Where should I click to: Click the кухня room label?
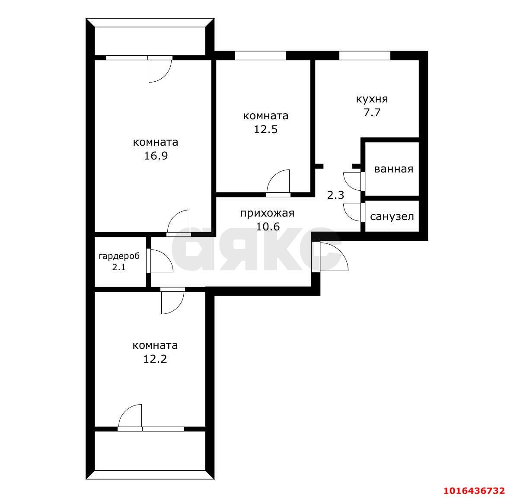pyautogui.click(x=371, y=99)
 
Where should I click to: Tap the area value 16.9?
pyautogui.click(x=156, y=156)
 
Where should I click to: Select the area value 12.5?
pyautogui.click(x=265, y=130)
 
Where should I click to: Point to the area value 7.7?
pyautogui.click(x=371, y=113)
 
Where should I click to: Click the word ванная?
pyautogui.click(x=393, y=169)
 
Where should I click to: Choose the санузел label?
pyautogui.click(x=392, y=216)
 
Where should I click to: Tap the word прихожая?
pyautogui.click(x=267, y=213)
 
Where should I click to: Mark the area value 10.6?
pyautogui.click(x=268, y=226)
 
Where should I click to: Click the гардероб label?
pyautogui.click(x=119, y=256)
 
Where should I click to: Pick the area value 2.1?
pyautogui.click(x=119, y=267)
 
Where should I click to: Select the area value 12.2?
pyautogui.click(x=155, y=359)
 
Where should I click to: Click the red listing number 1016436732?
pyautogui.click(x=474, y=490)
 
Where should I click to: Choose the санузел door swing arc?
pyautogui.click(x=351, y=212)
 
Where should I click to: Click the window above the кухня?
pyautogui.click(x=364, y=55)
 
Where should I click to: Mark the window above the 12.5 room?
pyautogui.click(x=260, y=55)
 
